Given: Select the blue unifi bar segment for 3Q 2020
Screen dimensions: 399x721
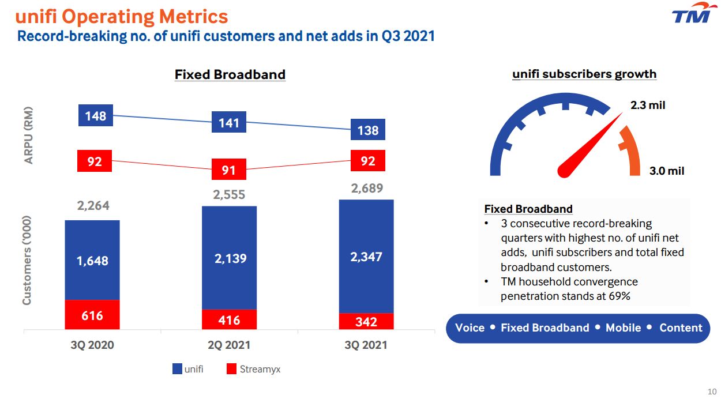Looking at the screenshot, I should pos(92,260).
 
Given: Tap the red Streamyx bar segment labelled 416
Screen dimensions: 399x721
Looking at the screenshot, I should pos(229,319).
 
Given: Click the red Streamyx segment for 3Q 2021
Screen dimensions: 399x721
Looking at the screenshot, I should pos(366,321).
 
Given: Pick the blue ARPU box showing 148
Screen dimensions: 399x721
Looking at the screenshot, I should pos(96,116).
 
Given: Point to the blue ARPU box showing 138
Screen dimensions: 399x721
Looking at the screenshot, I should pos(368,130).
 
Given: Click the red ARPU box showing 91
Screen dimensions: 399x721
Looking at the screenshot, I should pos(229,170).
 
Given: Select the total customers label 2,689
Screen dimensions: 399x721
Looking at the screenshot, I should pos(367,188).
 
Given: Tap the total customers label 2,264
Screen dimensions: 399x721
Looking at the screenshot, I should pos(93,206).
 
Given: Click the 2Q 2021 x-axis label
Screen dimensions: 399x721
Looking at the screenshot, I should pos(229,345).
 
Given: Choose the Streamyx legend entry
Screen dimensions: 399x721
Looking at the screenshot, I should pos(253,369).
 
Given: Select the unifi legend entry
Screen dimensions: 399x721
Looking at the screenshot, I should pos(188,369).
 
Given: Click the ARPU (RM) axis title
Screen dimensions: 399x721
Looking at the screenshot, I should pos(29,135).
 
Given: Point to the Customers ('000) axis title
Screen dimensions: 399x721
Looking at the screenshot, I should pos(27,260).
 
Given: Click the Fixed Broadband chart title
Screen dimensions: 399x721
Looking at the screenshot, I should pos(230,74).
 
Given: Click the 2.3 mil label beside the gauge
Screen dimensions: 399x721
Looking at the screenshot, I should pos(647,106).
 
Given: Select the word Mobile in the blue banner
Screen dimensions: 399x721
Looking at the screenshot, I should pos(623,328).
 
